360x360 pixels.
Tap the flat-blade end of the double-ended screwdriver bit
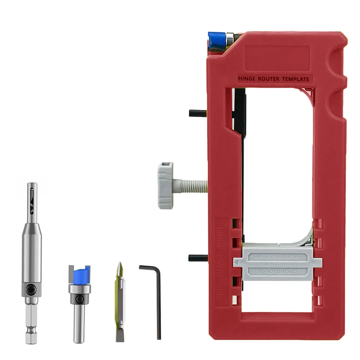(x=119, y=334)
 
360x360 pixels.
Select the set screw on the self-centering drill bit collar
(x=32, y=289)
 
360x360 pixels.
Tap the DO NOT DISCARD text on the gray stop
(x=275, y=272)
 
